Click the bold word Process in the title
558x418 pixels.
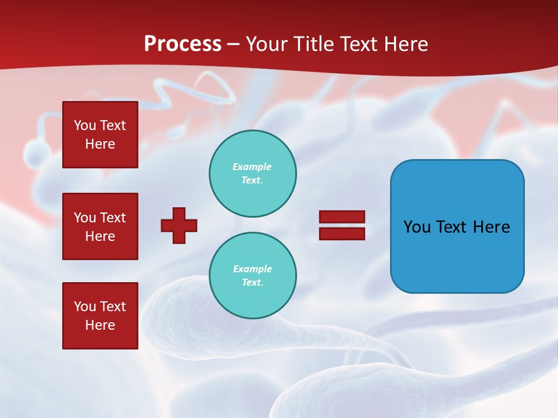pyautogui.click(x=183, y=44)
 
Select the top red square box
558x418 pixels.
pyautogui.click(x=100, y=135)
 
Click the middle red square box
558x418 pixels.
pyautogui.click(x=100, y=226)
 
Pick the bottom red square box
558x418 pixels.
pyautogui.click(x=100, y=316)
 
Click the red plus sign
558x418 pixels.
pyautogui.click(x=179, y=225)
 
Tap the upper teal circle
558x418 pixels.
pyautogui.click(x=252, y=173)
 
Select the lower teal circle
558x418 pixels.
pyautogui.click(x=252, y=275)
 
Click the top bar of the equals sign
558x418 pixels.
pyautogui.click(x=342, y=217)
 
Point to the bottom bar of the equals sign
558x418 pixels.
pyautogui.click(x=342, y=233)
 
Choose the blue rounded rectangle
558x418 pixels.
pyautogui.click(x=457, y=226)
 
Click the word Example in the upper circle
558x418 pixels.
pyautogui.click(x=252, y=167)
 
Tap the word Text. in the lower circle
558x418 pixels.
pyautogui.click(x=252, y=282)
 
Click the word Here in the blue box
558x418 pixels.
pyautogui.click(x=491, y=227)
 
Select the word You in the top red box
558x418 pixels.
pyautogui.click(x=85, y=125)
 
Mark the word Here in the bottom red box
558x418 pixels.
pyautogui.click(x=100, y=325)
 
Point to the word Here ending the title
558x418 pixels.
pyautogui.click(x=407, y=44)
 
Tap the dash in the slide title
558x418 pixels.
pyautogui.click(x=234, y=44)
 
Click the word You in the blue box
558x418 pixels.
pyautogui.click(x=417, y=227)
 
